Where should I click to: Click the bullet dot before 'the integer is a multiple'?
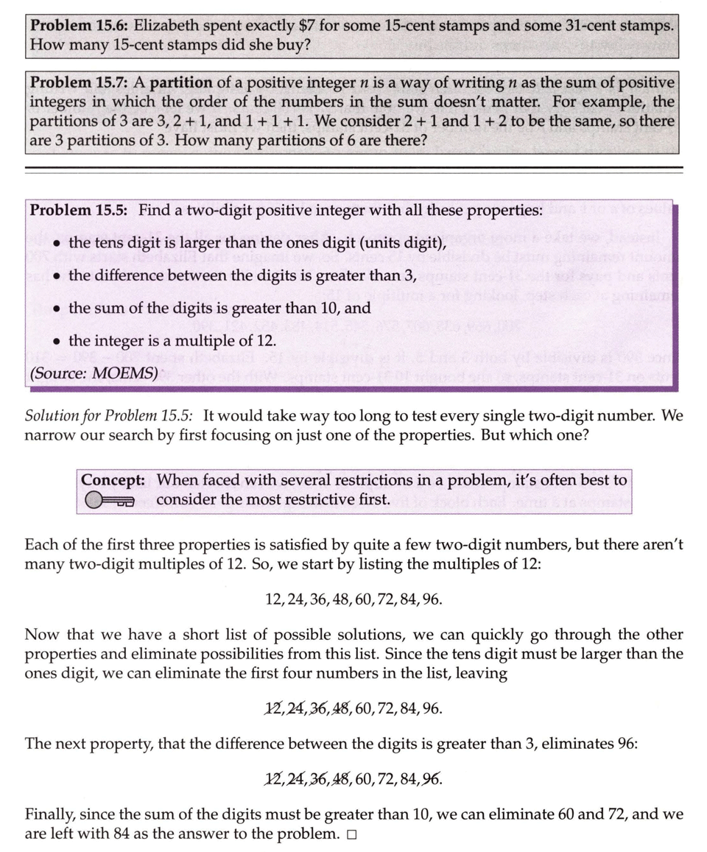pyautogui.click(x=56, y=341)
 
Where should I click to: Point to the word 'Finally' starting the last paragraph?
pyautogui.click(x=50, y=815)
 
